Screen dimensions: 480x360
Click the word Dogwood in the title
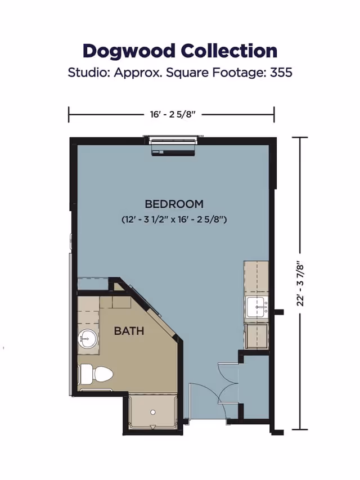coord(129,51)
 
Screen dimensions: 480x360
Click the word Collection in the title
coord(229,51)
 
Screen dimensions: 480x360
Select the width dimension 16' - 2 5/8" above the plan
coord(172,114)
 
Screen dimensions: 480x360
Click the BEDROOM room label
coord(174,204)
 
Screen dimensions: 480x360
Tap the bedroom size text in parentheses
coord(174,219)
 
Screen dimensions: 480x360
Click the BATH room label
coord(129,331)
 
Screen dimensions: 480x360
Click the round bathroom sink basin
coord(87,339)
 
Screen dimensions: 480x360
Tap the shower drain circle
coord(152,412)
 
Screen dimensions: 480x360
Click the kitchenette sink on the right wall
coord(257,308)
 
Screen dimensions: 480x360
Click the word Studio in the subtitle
coord(86,73)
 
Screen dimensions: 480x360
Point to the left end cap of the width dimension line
coord(69,114)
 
